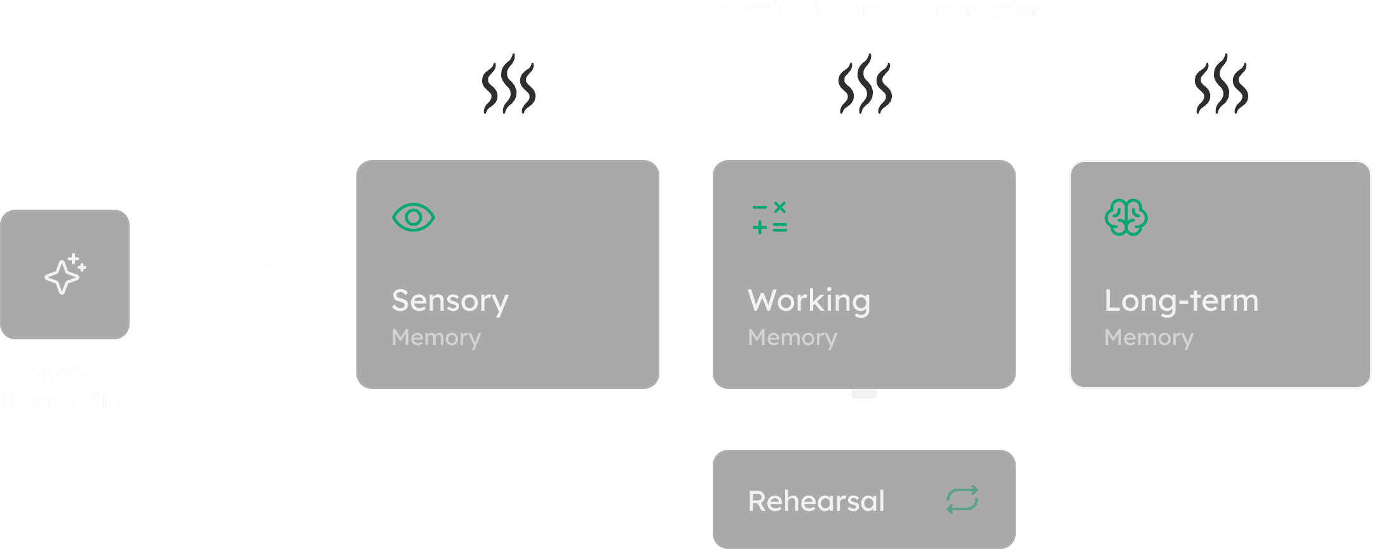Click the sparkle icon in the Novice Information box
[65, 274]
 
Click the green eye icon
[414, 217]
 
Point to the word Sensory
[450, 301]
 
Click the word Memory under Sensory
[436, 337]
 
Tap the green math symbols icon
[770, 218]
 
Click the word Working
[809, 301]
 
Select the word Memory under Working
[792, 337]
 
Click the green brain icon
[1126, 217]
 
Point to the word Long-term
[1181, 301]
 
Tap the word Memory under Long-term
[1148, 337]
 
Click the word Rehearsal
[816, 501]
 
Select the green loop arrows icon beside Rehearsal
[962, 500]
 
